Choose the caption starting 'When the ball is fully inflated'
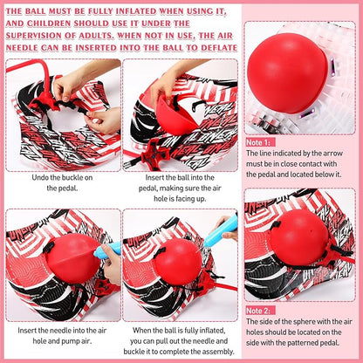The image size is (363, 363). pos(181,335)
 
